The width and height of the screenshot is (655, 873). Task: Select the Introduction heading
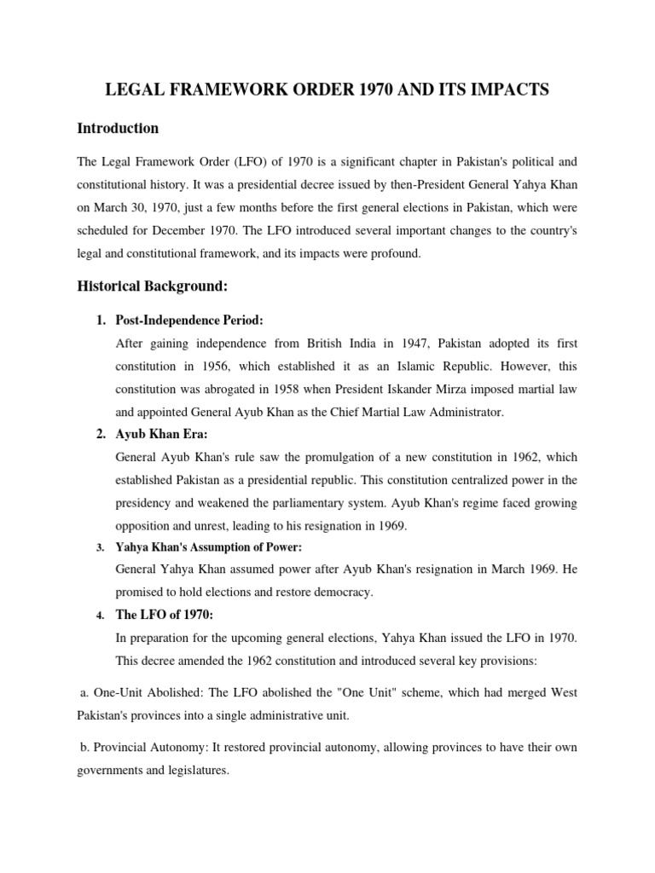pyautogui.click(x=118, y=129)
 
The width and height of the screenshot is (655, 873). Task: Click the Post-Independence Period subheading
pyautogui.click(x=189, y=321)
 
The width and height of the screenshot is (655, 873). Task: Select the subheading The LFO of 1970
pyautogui.click(x=162, y=614)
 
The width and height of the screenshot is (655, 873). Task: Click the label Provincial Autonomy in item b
pyautogui.click(x=144, y=748)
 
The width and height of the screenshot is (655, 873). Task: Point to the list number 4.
pyautogui.click(x=100, y=615)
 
